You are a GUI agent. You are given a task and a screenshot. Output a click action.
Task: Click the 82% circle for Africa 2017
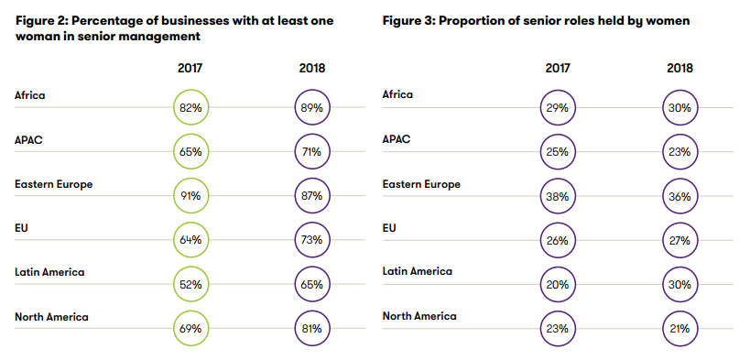190,107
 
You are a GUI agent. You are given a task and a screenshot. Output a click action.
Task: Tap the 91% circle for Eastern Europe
190,196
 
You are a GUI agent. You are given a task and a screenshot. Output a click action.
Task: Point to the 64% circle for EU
190,240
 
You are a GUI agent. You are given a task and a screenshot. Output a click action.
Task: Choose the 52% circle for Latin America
190,284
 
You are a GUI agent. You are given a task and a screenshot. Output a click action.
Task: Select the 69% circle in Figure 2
190,328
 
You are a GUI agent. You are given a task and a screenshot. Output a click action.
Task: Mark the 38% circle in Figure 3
557,196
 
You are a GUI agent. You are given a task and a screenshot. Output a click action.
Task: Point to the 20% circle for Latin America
557,284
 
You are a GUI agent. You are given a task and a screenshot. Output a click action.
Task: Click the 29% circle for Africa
557,107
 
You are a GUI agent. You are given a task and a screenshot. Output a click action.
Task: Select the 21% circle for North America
679,328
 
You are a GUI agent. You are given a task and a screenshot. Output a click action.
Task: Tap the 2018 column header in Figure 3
679,68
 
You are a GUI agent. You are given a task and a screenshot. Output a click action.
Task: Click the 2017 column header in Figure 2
190,68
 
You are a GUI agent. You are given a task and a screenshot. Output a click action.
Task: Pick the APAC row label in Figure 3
397,139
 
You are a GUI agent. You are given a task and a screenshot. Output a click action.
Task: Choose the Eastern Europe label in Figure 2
53,184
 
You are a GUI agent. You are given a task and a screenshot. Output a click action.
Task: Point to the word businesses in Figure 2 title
172,20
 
